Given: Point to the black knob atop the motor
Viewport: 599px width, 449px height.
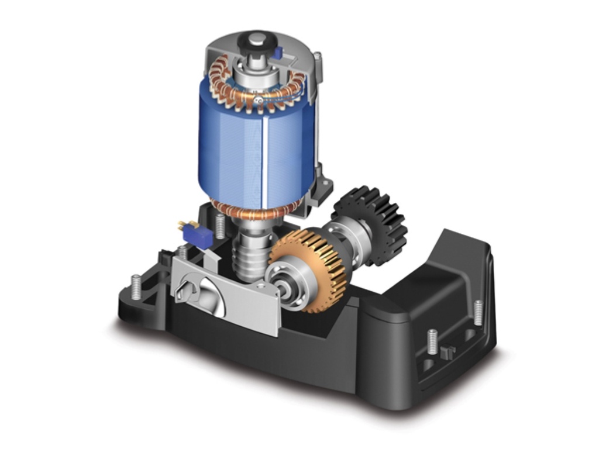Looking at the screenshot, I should tap(257, 41).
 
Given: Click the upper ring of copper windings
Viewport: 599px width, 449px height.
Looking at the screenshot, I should tap(257, 88).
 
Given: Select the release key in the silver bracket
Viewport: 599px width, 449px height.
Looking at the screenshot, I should tap(185, 286).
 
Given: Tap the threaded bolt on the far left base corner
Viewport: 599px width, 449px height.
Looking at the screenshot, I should tap(136, 286).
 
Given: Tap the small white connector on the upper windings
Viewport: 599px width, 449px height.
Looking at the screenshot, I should tap(258, 101).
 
